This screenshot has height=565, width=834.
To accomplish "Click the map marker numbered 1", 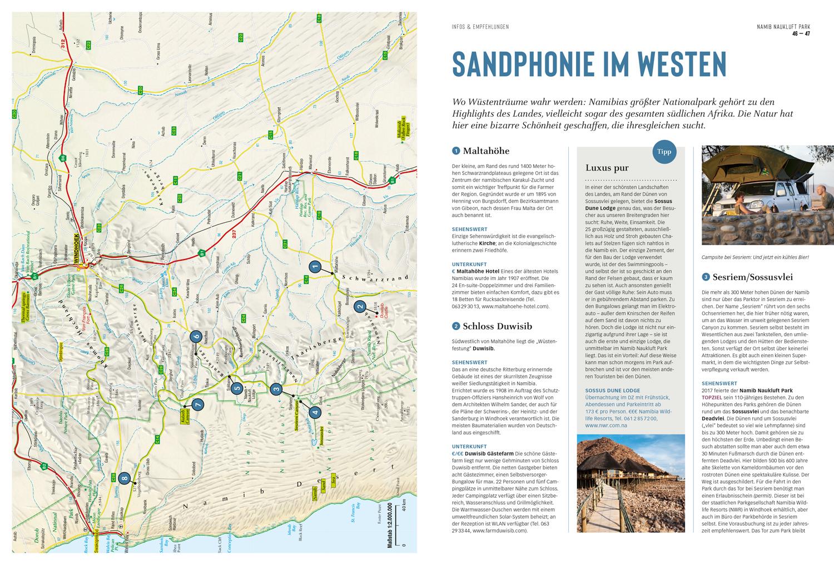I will coord(314,267).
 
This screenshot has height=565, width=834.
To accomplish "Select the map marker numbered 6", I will coord(195,337).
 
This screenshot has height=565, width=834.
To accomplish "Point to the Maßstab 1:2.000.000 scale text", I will coord(389,524).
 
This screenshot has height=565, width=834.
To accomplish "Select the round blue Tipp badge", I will coord(664,152).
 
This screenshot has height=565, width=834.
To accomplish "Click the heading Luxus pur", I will coord(607,168).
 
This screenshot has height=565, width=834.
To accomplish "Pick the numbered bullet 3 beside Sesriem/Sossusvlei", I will coord(706,277).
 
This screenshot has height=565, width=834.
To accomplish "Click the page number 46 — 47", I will coord(801,34).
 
